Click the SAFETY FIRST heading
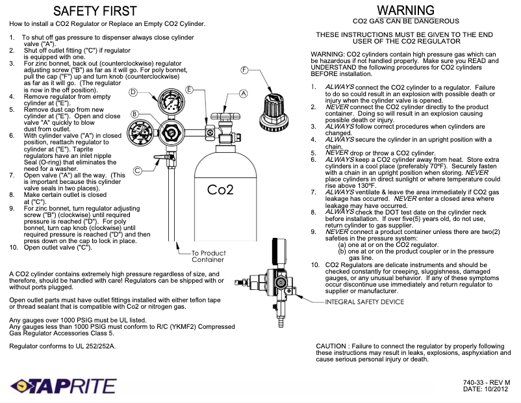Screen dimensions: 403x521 pos(104,11)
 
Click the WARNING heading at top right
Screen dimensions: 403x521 pos(405,10)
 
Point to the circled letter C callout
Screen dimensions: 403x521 pos(138,171)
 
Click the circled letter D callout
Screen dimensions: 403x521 pos(133,92)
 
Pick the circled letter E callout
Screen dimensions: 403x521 pos(189,89)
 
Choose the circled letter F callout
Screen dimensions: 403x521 pos(245,70)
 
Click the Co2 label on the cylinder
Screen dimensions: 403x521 pos(220,190)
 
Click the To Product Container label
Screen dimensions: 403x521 pos(208,256)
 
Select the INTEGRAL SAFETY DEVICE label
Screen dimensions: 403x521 pos(364,302)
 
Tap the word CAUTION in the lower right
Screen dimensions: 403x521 pos(332,346)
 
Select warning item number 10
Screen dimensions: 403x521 pos(315,265)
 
